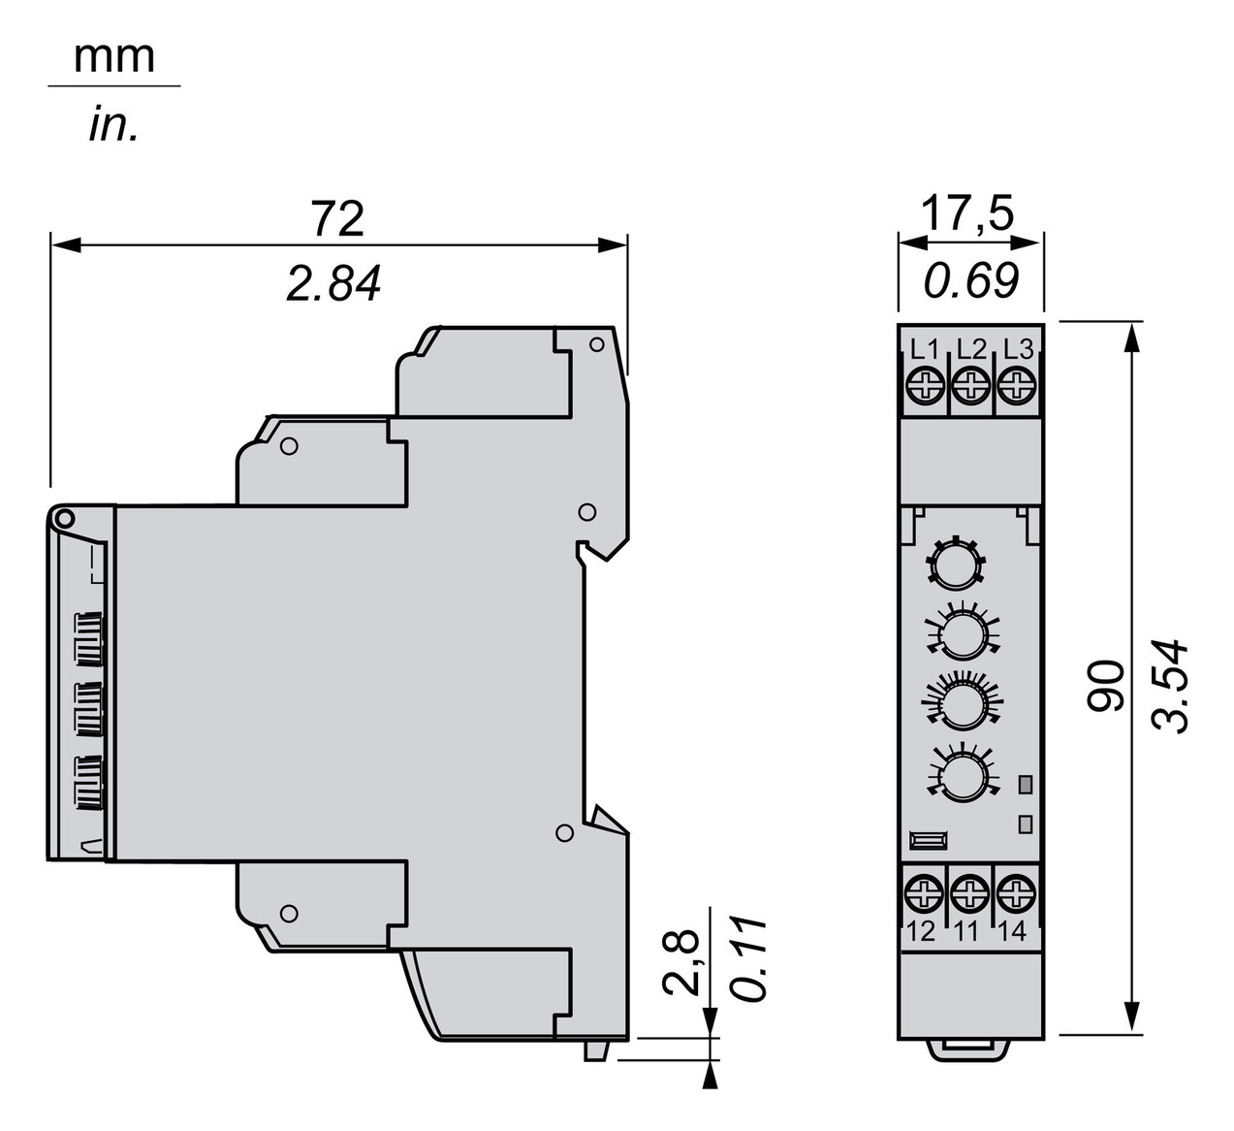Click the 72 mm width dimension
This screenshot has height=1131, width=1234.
click(x=337, y=218)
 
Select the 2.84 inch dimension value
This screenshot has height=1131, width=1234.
click(x=334, y=284)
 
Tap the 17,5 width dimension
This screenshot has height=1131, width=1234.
click(x=967, y=214)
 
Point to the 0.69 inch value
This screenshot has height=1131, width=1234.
click(x=971, y=281)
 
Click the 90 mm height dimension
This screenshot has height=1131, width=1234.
click(x=1105, y=686)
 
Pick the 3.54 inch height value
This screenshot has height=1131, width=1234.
click(x=1169, y=687)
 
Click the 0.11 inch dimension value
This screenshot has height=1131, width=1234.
click(x=747, y=968)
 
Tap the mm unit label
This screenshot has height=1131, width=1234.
click(x=114, y=57)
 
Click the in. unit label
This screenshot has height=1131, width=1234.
click(x=113, y=125)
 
